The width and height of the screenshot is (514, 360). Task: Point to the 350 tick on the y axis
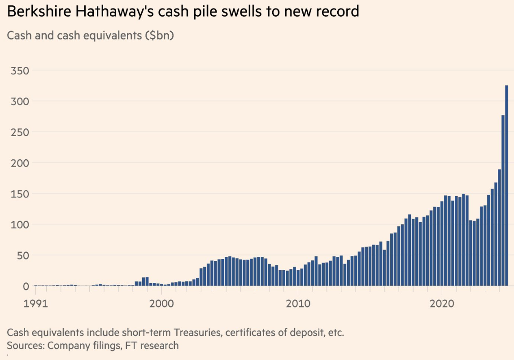20,70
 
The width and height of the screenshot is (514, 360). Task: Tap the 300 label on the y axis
20,101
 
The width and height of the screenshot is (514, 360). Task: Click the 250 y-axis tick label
20,132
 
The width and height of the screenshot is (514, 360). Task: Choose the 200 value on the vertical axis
20,163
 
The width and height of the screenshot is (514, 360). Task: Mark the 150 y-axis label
20,193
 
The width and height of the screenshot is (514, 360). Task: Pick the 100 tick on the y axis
20,224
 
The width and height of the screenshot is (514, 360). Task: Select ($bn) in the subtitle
159,35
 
